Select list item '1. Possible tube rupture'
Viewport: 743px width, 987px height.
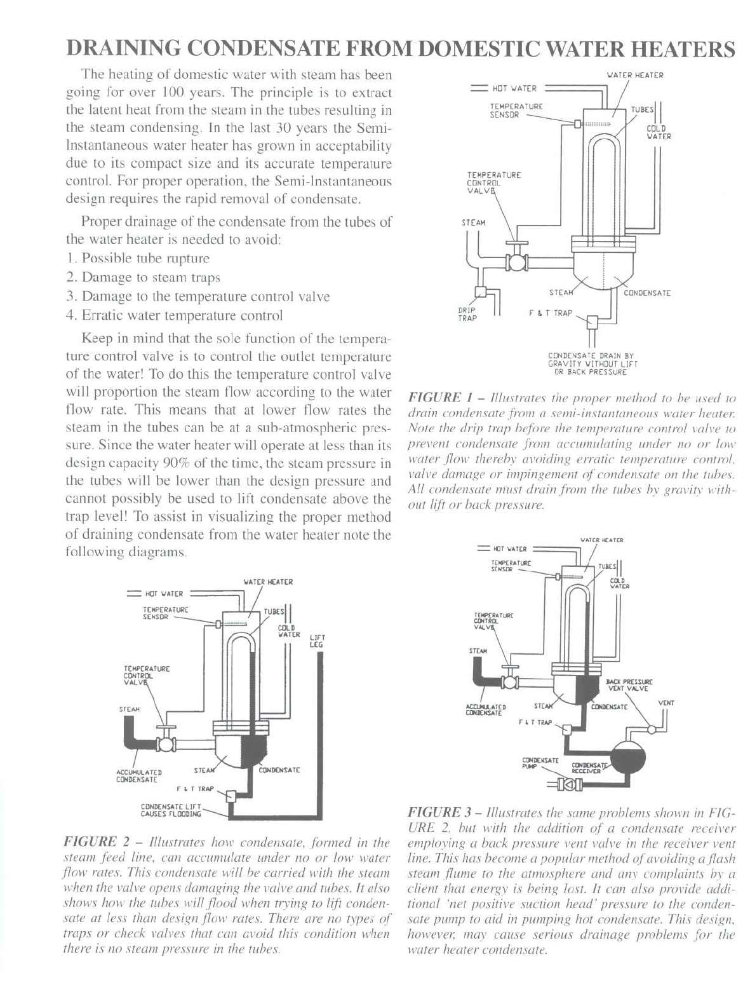coord(138,259)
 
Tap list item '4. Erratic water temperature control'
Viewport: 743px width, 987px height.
coord(175,316)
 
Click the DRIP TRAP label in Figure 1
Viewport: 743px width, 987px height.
coord(467,315)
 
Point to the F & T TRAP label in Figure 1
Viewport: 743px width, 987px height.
coord(551,313)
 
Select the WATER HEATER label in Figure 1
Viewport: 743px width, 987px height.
coord(635,75)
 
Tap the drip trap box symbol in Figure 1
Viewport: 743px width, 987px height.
coord(481,292)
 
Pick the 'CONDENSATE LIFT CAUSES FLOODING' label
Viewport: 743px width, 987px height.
coord(171,810)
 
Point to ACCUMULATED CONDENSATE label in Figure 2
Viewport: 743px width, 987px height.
coord(138,775)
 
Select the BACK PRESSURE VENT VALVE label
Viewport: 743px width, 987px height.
coord(629,685)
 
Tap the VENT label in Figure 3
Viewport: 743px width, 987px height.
coord(666,703)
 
